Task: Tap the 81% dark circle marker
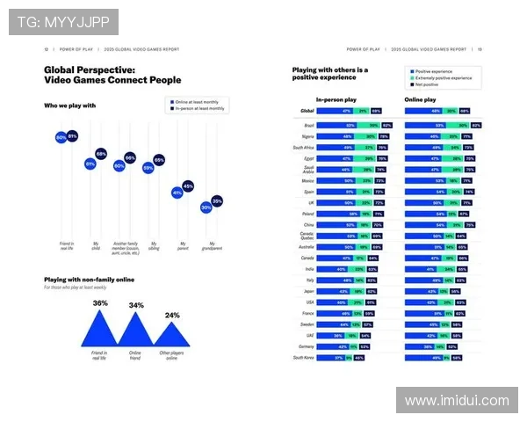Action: click(72, 136)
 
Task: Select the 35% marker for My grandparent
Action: click(217, 201)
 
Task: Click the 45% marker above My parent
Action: click(188, 186)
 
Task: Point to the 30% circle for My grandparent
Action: click(206, 207)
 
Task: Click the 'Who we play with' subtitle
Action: click(70, 105)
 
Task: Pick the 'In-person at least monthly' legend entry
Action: click(199, 109)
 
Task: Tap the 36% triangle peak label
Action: click(100, 303)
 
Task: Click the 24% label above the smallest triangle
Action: click(172, 315)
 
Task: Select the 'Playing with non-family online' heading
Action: click(89, 280)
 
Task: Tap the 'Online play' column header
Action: click(421, 99)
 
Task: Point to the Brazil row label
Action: click(308, 126)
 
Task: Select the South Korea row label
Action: click(304, 358)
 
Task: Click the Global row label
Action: click(307, 112)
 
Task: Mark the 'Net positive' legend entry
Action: click(426, 85)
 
